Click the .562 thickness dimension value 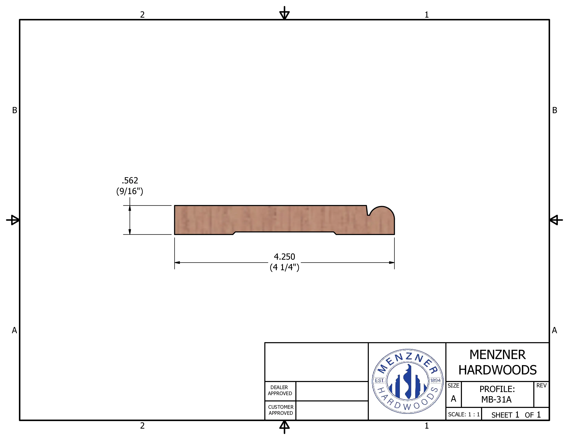[130, 180]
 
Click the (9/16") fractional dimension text [130, 191]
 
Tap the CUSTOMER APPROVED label [281, 410]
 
